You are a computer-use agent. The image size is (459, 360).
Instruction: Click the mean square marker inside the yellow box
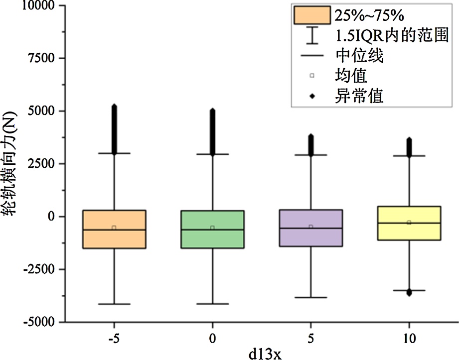point(409,223)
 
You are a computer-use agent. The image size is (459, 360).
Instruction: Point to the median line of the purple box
point(310,228)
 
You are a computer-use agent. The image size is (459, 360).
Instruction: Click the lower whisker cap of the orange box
point(114,304)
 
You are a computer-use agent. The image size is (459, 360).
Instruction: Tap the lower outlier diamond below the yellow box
point(409,293)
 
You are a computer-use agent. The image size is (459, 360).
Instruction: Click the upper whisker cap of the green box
point(212,154)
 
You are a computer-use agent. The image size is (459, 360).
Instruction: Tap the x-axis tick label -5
point(114,339)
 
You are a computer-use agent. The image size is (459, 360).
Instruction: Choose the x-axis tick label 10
point(409,339)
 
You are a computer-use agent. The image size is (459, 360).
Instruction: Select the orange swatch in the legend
point(312,15)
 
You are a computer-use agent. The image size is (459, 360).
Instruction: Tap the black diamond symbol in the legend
point(312,95)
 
